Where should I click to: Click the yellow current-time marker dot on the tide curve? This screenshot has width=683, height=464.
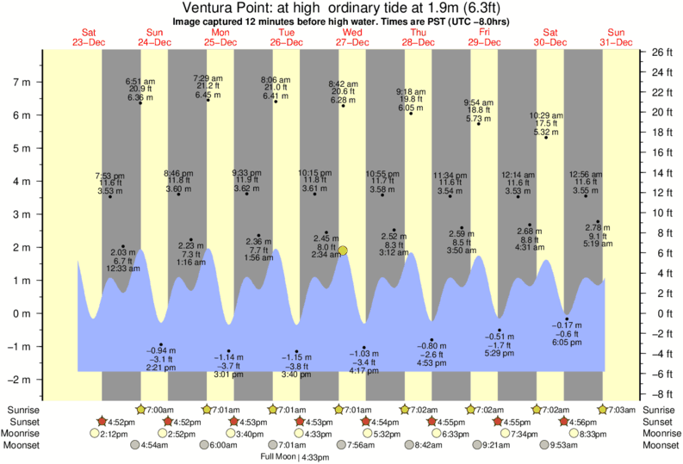pyautogui.click(x=343, y=251)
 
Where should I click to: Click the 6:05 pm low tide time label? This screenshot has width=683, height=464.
pyautogui.click(x=565, y=342)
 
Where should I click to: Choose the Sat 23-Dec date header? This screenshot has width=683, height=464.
pyautogui.click(x=89, y=37)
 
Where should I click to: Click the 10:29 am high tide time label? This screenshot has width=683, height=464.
pyautogui.click(x=546, y=114)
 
